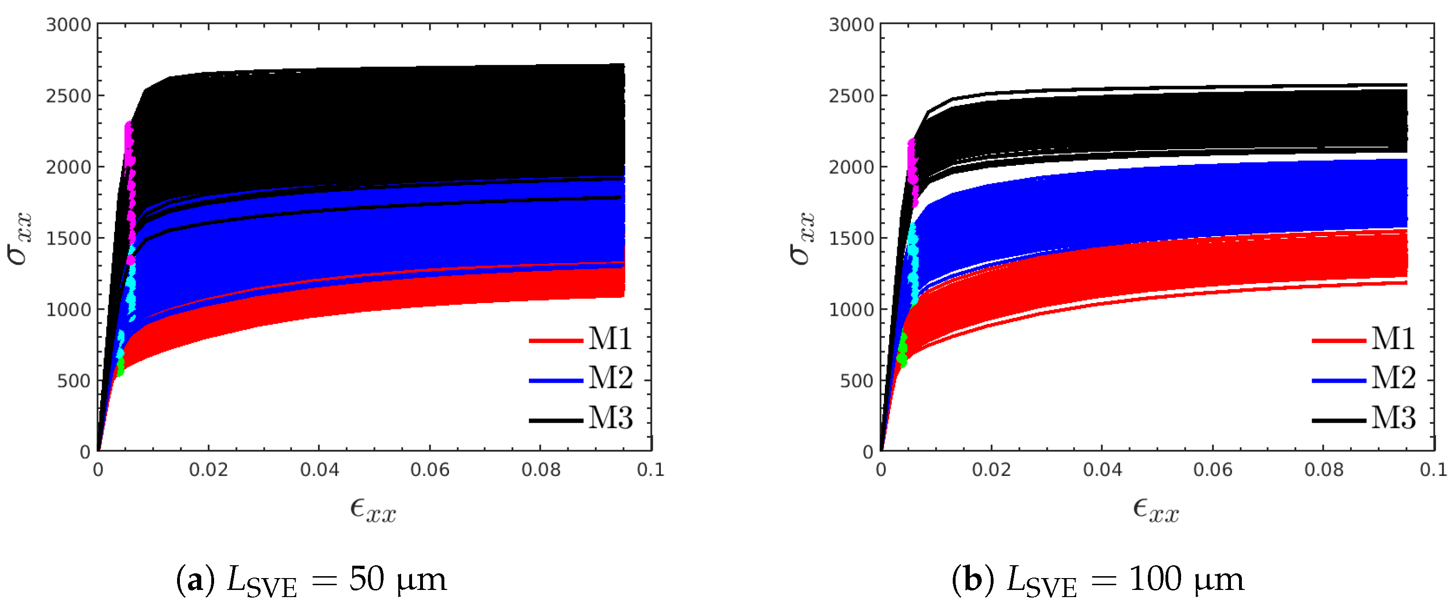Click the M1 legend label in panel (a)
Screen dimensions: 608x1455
610,339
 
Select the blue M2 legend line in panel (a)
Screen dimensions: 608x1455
556,381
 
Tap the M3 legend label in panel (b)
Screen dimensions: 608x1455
1393,418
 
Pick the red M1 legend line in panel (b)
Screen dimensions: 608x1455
1339,341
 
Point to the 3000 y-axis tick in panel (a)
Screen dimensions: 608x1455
68,25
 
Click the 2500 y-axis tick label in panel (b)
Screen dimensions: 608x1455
851,96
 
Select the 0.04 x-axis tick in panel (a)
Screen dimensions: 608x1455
319,470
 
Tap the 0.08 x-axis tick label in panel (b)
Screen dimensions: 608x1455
1324,470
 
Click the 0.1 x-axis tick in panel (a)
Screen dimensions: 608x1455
651,470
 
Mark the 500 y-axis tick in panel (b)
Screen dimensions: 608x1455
857,381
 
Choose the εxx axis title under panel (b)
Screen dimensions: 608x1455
1155,510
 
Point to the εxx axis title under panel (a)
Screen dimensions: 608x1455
373,510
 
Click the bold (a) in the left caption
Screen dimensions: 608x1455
195,580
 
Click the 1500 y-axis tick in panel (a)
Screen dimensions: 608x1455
68,238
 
